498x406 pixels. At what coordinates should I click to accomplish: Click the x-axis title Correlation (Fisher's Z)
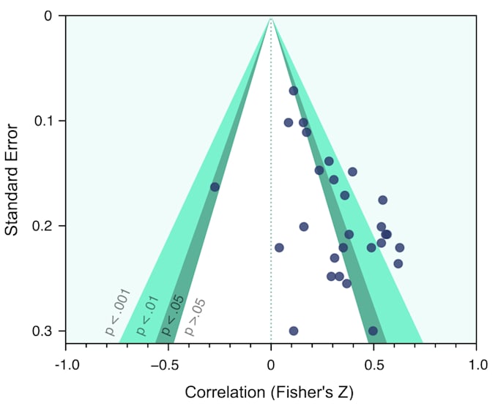(x=269, y=392)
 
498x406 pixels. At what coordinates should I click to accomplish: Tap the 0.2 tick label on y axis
(x=46, y=226)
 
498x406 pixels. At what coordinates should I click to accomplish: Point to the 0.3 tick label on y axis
(x=46, y=331)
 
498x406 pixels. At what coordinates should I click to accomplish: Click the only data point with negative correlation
(x=215, y=187)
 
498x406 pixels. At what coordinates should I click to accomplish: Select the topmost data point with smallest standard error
(x=294, y=91)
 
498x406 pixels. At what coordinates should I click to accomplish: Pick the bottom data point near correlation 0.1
(x=294, y=331)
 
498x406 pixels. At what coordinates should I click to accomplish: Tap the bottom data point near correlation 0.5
(x=373, y=331)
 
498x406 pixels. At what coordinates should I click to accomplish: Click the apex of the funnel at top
(x=271, y=16)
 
